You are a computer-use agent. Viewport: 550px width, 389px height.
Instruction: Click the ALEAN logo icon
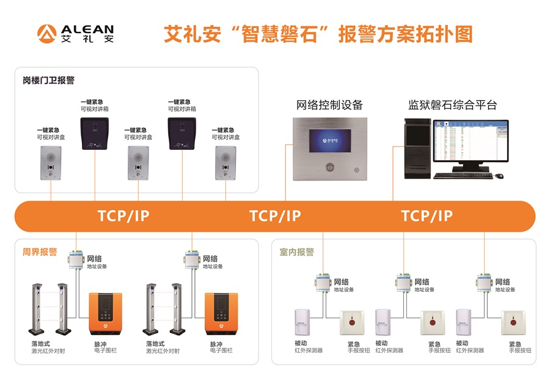[x=48, y=34]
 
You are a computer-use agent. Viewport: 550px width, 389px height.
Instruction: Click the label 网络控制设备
[x=329, y=105]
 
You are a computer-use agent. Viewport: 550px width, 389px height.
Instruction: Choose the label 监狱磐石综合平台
[x=452, y=105]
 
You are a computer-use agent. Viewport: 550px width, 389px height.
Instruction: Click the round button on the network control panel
[x=329, y=166]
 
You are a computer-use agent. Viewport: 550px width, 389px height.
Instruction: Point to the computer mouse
[x=499, y=176]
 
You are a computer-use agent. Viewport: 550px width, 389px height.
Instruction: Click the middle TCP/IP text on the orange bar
[x=275, y=216]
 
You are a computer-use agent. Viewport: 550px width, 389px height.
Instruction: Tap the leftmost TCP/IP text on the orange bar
[x=123, y=216]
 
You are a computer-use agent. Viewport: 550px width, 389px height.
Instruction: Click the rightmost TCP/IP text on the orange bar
[x=427, y=216]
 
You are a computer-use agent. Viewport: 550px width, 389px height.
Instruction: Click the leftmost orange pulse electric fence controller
[x=105, y=314]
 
